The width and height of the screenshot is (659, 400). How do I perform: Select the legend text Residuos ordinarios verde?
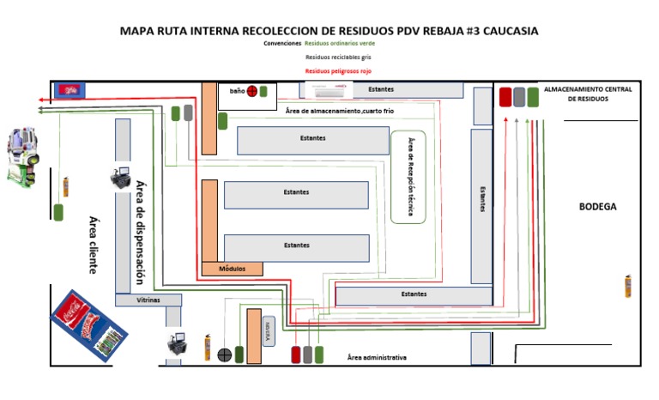(340, 43)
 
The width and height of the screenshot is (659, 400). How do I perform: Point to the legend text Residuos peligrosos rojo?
(338, 70)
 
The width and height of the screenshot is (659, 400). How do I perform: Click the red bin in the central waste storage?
(505, 97)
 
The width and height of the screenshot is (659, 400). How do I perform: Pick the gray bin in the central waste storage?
(519, 97)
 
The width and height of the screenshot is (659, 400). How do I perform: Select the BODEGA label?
(597, 207)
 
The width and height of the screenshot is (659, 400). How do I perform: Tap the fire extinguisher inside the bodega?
(628, 287)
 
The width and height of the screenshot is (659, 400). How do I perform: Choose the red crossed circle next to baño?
(252, 91)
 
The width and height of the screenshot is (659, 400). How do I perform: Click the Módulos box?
(232, 269)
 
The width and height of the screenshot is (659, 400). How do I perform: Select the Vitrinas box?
(148, 300)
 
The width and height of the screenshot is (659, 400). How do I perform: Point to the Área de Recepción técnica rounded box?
(408, 177)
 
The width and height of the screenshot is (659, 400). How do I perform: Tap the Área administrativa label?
(377, 357)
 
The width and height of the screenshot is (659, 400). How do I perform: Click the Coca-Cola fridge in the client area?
(85, 324)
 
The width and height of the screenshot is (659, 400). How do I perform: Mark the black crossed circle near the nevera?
(225, 354)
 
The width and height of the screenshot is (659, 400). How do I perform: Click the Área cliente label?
(94, 245)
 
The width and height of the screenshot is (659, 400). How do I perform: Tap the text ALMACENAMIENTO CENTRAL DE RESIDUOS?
(588, 94)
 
